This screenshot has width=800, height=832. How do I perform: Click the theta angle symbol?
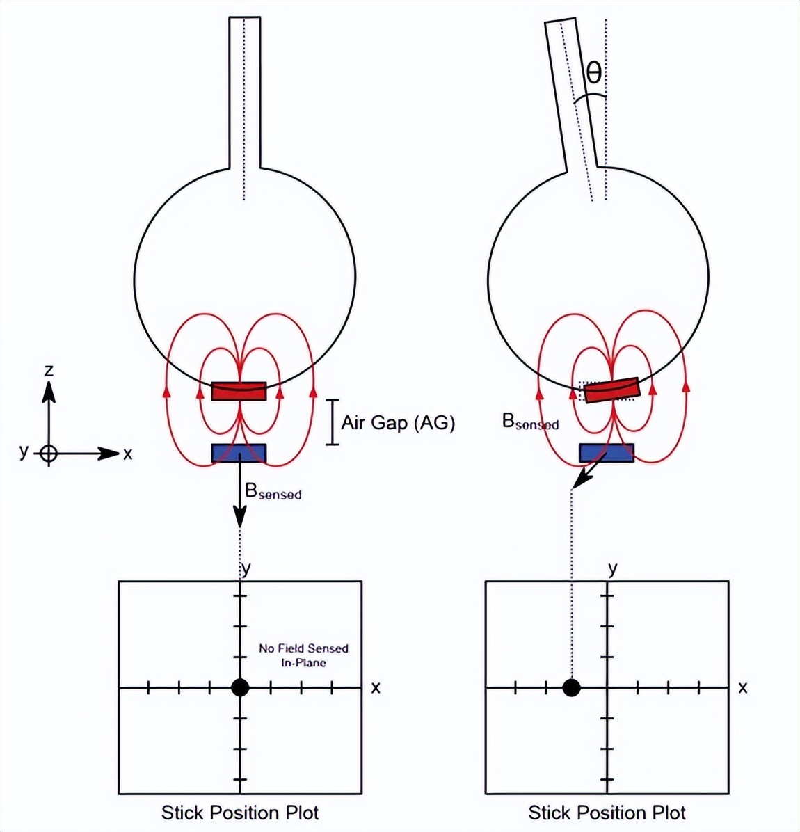593,72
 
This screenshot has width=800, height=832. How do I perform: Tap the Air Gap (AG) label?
398,422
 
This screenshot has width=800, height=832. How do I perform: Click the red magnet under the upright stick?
239,391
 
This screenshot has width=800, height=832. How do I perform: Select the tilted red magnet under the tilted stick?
611,390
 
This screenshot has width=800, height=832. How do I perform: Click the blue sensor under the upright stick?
239,453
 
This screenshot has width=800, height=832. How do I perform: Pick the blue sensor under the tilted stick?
607,453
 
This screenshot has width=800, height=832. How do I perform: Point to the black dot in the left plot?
240,688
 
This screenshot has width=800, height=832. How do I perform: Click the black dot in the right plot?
572,688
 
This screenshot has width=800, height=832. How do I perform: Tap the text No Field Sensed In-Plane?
303,655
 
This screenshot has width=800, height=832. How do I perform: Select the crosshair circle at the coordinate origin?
49,454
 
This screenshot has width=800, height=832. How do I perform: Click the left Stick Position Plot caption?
240,813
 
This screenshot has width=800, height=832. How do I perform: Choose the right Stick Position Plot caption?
607,813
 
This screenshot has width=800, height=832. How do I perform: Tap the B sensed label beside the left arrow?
273,491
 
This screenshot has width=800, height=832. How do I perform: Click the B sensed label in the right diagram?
530,422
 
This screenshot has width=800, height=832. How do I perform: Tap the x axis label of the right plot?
743,688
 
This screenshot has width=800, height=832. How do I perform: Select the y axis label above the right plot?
612,569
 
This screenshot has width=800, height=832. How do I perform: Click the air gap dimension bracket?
333,422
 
